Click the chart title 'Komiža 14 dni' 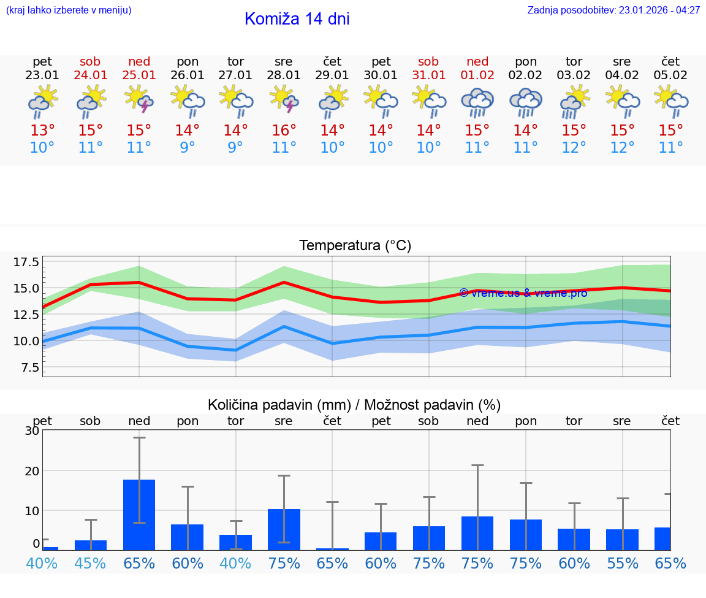(297, 19)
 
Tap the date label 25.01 (139, 75)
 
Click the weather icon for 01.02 (477, 102)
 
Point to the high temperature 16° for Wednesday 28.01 (284, 131)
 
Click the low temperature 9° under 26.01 (188, 148)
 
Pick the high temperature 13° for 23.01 (42, 131)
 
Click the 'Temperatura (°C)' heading (355, 246)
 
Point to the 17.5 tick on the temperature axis (26, 263)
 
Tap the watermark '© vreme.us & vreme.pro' (523, 293)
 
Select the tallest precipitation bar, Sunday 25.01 (139, 515)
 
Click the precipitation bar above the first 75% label (284, 529)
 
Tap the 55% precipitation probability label (622, 563)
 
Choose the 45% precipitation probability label (90, 563)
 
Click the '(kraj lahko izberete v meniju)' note (69, 10)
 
